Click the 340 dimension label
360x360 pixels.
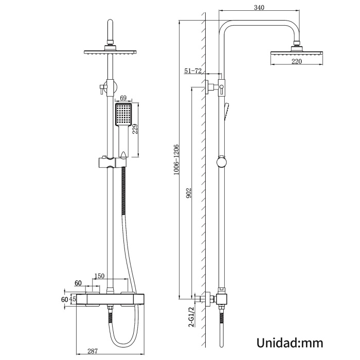pyautogui.click(x=259, y=8)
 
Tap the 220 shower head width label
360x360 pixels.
pyautogui.click(x=296, y=61)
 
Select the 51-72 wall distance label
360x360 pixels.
pyautogui.click(x=193, y=71)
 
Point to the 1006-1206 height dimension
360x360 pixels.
pyautogui.click(x=176, y=159)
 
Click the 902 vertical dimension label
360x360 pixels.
pyautogui.click(x=189, y=193)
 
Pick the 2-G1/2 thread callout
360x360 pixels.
pyautogui.click(x=191, y=317)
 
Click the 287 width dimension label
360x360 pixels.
pyautogui.click(x=93, y=351)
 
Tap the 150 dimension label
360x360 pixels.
pyautogui.click(x=99, y=276)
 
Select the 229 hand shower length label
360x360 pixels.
pyautogui.click(x=135, y=129)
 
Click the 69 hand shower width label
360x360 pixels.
pyautogui.click(x=123, y=98)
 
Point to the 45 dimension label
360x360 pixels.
pyautogui.click(x=73, y=299)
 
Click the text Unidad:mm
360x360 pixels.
pyautogui.click(x=290, y=343)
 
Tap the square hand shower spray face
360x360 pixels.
pyautogui.click(x=123, y=115)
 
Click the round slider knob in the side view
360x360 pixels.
pyautogui.click(x=222, y=162)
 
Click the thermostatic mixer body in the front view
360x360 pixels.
pyautogui.click(x=110, y=299)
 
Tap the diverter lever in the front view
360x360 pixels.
pyautogui.click(x=101, y=89)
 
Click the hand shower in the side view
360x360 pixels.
pyautogui.click(x=227, y=112)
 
